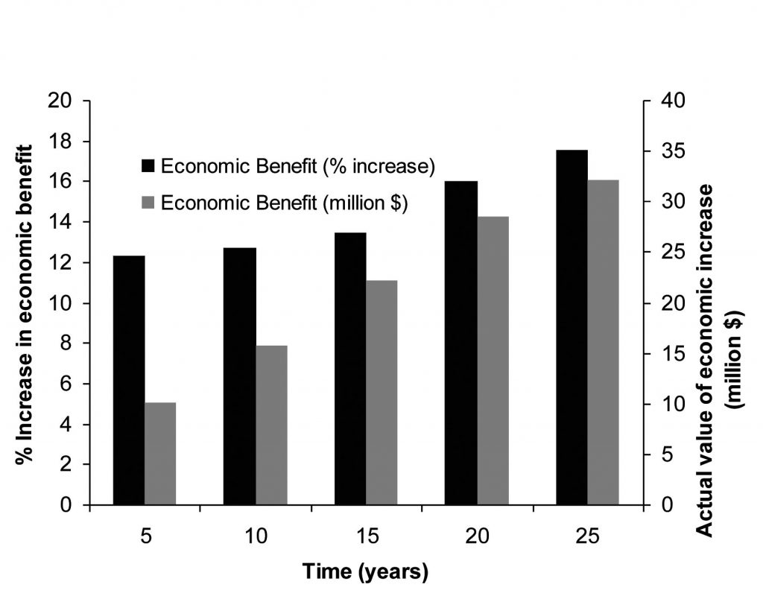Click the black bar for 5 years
(x=129, y=380)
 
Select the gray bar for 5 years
(x=160, y=454)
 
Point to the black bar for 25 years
(x=572, y=327)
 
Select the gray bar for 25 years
(x=604, y=342)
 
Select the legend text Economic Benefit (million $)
(x=283, y=203)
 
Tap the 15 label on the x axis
(x=367, y=536)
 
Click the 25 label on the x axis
(x=588, y=536)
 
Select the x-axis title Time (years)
(x=365, y=572)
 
